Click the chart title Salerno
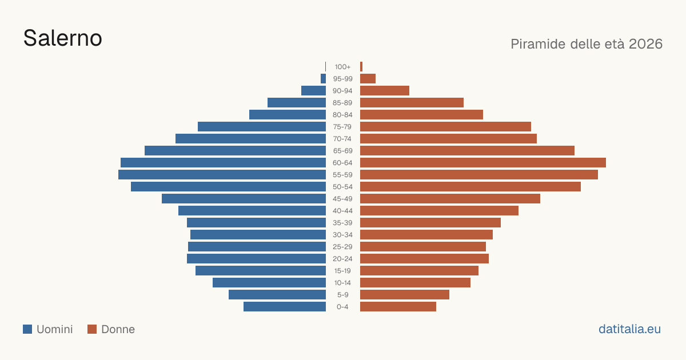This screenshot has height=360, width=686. coord(63,38)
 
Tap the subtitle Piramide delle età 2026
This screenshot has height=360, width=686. coord(587,44)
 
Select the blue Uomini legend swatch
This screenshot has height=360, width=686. coord(27,329)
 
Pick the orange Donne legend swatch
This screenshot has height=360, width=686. coord(92,329)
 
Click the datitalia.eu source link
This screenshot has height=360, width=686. coord(629,329)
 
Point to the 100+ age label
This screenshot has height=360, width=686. coord(342,67)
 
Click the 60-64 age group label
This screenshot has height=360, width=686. coord(342,163)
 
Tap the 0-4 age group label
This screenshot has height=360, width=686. coord(342,307)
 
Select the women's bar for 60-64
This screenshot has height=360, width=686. coord(483,162)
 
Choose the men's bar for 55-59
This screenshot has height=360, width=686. coord(222,174)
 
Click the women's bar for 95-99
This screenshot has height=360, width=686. coord(368,79)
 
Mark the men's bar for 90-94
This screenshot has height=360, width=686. coord(314,91)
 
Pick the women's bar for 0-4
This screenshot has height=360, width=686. coord(398,307)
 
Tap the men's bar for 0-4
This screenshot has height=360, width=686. coord(285,307)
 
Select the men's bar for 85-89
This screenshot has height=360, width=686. coord(297,102)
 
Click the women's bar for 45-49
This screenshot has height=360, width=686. coord(450,199)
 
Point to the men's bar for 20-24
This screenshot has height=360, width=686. coord(256,259)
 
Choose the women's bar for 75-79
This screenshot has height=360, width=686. coord(445,127)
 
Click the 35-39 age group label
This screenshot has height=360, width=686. coord(342,223)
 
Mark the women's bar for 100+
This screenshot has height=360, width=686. coord(361,67)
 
